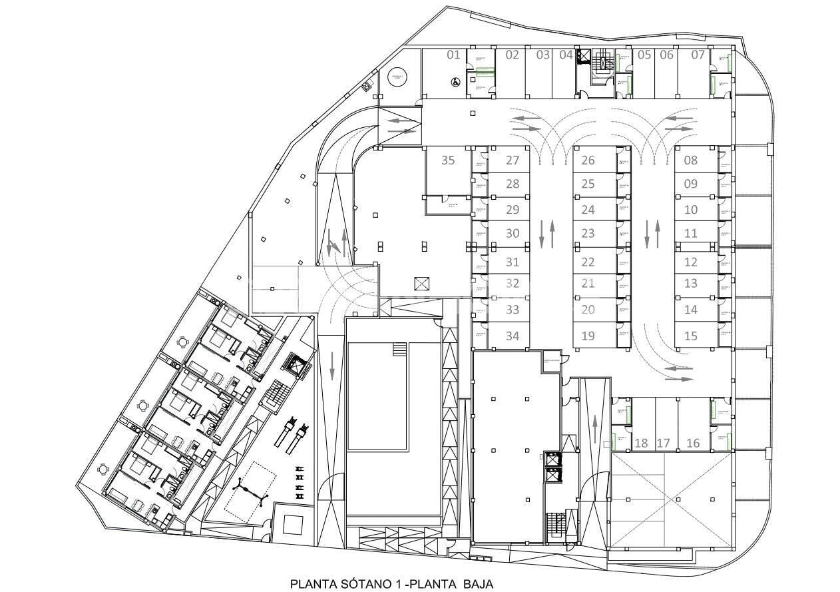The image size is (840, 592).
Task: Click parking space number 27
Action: pos(513,160)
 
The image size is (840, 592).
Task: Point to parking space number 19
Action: pos(588,336)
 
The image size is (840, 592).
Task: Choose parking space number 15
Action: pos(691,336)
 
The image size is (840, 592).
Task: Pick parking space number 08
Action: pos(691,160)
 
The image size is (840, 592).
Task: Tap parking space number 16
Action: pos(693,443)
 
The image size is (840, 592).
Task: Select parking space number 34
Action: pos(513,336)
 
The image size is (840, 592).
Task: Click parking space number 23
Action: pos(588,234)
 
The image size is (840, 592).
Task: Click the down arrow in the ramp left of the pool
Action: pos(332,365)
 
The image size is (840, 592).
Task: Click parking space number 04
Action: pos(566,55)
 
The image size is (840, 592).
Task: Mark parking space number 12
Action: pos(691,263)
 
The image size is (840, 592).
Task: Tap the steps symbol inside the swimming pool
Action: pos(399,350)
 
